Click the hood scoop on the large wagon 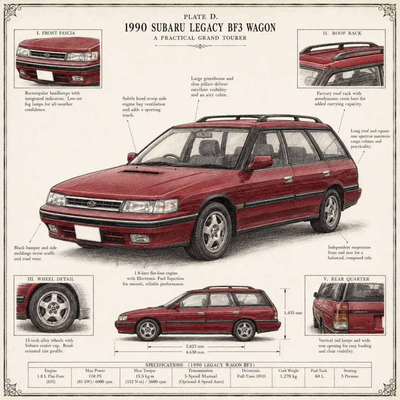coord(142,173)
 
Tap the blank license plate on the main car coord(87,233)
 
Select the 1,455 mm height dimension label coord(293,312)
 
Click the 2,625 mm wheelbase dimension coord(195,346)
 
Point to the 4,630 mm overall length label coord(195,352)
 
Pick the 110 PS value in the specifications coord(95,376)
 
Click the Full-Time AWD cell coord(251,376)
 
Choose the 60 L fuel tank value coord(319,376)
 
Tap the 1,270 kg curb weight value coord(289,376)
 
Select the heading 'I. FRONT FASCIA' coord(55,33)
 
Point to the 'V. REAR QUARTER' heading coord(346,279)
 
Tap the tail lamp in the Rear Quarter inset coord(341,316)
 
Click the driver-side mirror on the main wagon coord(261,162)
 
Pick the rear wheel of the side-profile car coord(244,330)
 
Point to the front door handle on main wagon coord(288,179)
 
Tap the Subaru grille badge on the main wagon coord(91,204)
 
